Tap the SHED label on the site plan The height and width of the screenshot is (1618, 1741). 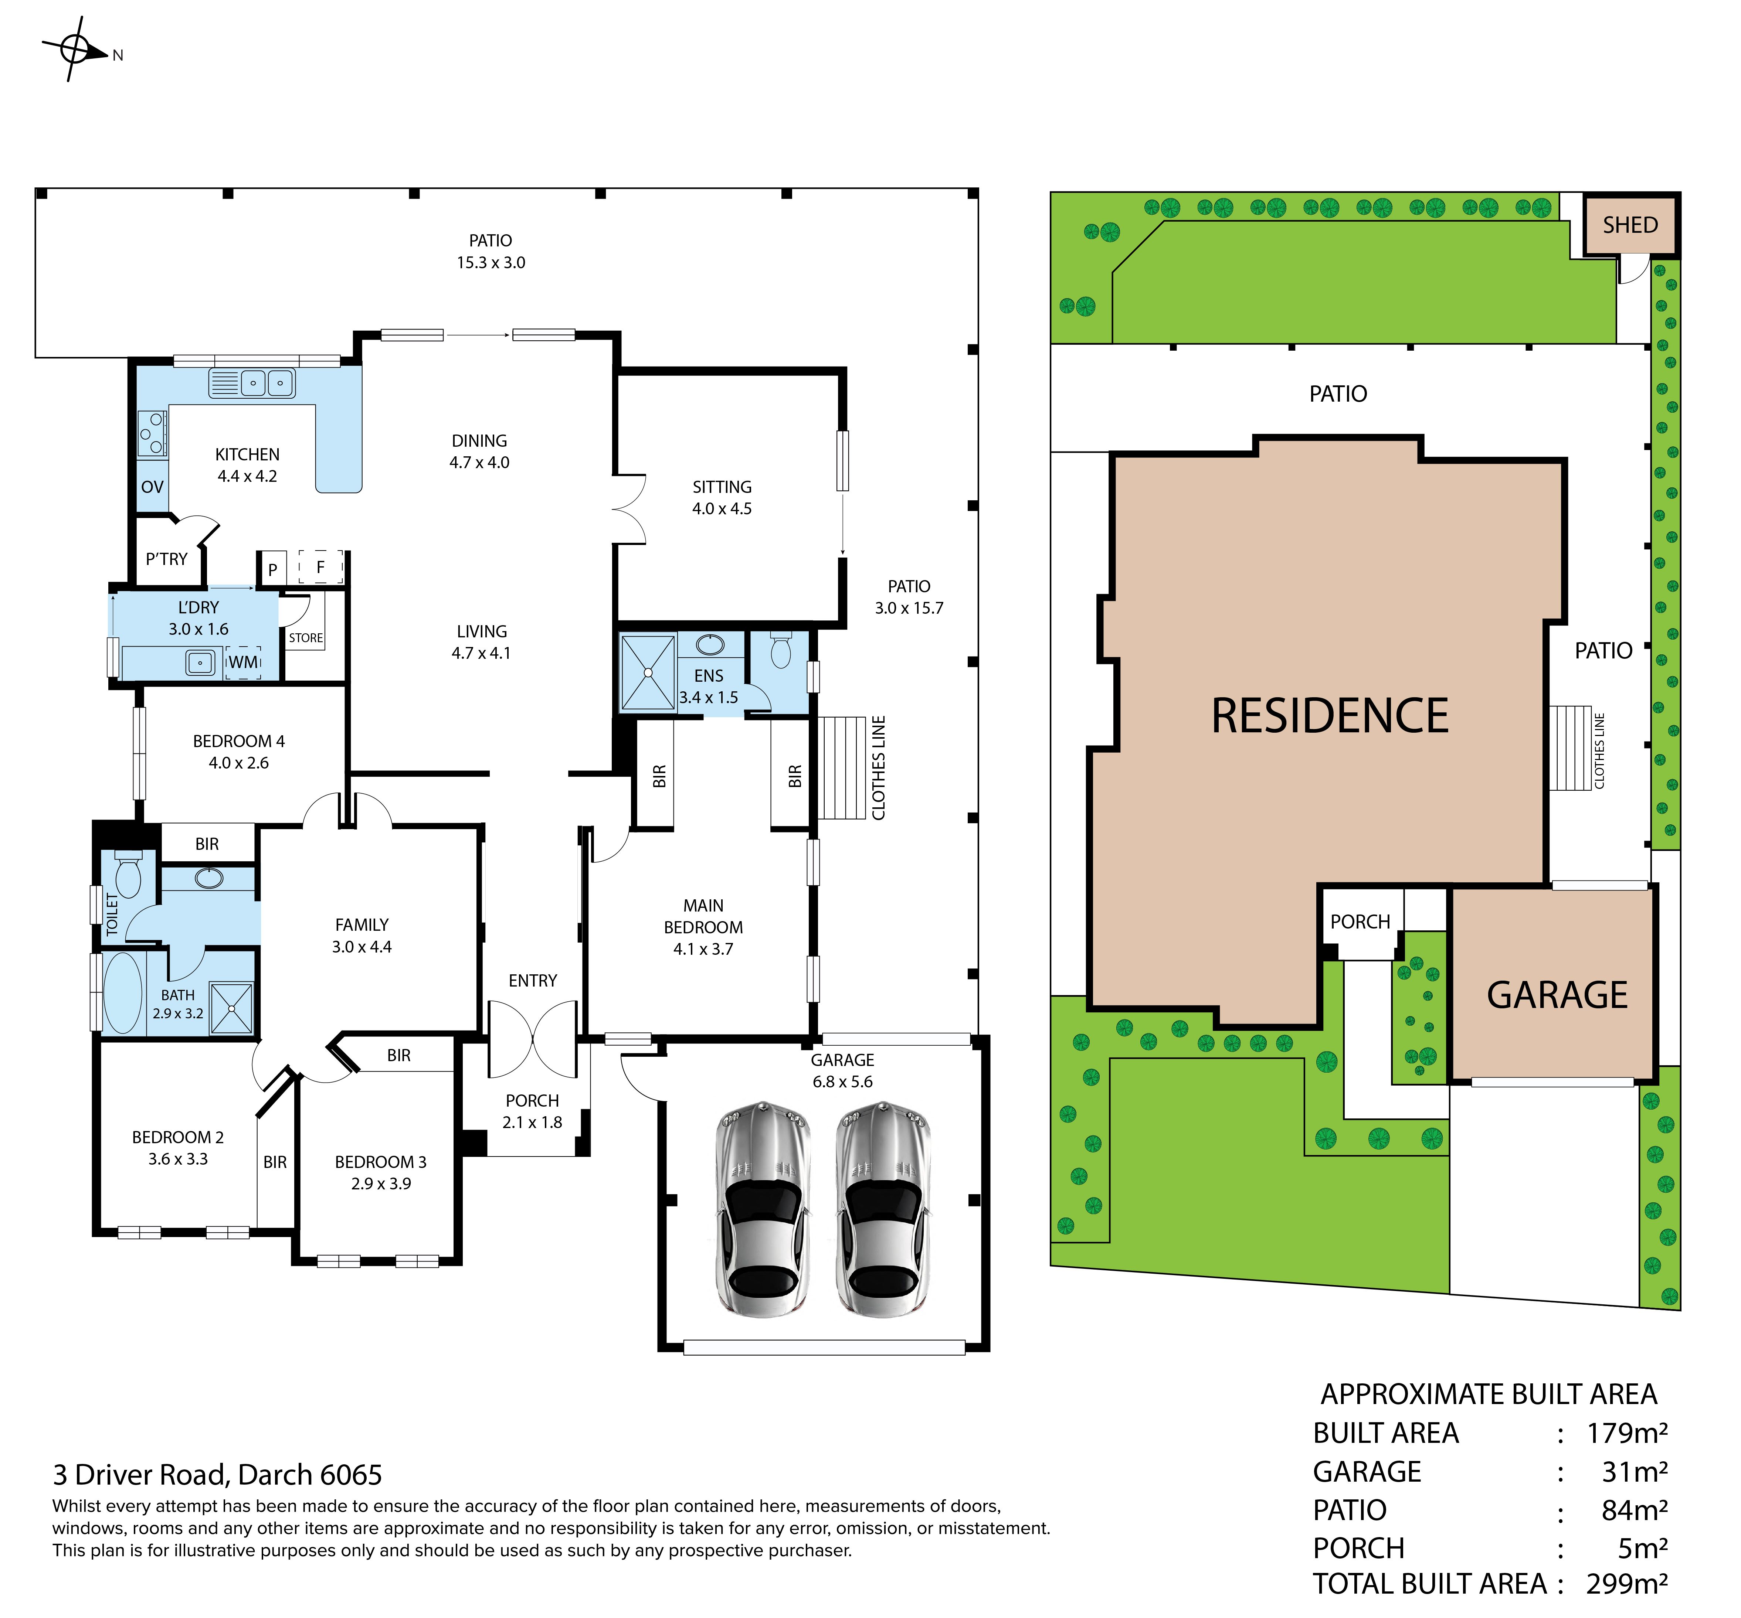click(1630, 225)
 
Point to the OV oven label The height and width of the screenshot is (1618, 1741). click(152, 487)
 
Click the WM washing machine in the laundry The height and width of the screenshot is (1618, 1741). click(244, 662)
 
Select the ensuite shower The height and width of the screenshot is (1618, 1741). click(648, 672)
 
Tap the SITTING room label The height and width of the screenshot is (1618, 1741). click(722, 487)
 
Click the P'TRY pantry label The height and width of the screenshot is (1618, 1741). click(166, 559)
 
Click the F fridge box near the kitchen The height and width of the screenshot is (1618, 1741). click(320, 567)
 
